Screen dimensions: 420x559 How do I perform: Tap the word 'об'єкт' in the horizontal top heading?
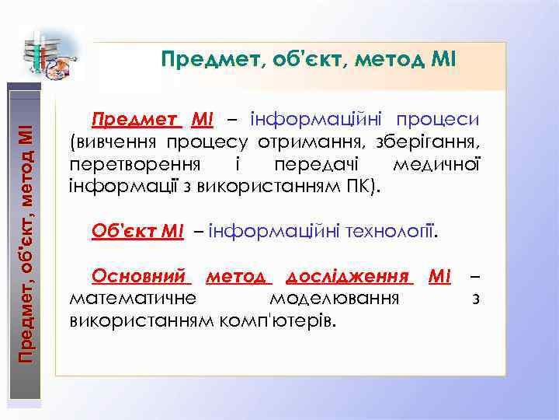coord(301,59)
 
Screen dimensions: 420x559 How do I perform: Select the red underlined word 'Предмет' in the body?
coord(137,120)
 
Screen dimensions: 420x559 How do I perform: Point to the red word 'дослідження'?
coord(347,277)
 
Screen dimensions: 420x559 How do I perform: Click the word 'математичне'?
coord(133,299)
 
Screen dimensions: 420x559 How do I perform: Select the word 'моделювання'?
coord(334,299)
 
